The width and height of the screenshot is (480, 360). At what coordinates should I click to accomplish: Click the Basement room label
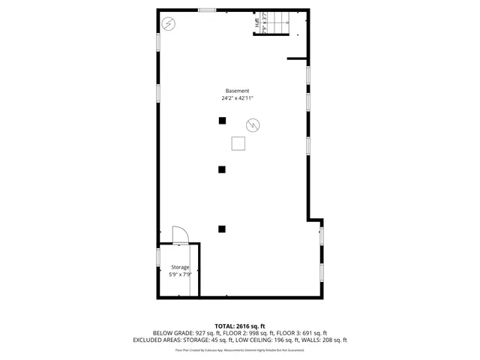pos(237,91)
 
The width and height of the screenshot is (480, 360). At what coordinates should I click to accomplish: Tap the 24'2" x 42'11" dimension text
pos(237,98)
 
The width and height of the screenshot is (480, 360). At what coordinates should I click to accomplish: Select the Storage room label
pos(180,267)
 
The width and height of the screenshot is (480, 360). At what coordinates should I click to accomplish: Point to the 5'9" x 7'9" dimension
pos(180,274)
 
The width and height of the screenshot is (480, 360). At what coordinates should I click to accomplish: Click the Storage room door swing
pos(180,235)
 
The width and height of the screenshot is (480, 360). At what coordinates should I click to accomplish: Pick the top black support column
pos(222,121)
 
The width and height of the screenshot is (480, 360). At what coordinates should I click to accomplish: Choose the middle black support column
pos(222,169)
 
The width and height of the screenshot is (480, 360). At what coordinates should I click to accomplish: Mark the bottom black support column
pos(222,229)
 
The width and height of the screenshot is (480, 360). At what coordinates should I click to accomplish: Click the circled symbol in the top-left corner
pos(169,23)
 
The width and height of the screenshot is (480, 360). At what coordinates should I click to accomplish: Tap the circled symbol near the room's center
pos(253,124)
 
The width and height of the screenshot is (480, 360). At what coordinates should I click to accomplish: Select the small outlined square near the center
pos(238,143)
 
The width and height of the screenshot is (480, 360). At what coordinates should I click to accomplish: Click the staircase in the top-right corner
pos(280,22)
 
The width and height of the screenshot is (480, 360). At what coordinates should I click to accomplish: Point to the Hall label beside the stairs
pos(257,23)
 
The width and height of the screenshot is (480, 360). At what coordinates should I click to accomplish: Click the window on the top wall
pos(207,10)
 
